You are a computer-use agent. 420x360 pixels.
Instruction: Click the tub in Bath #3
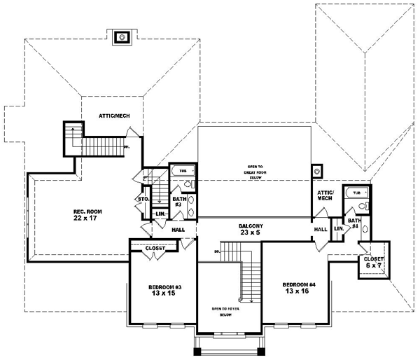coord(183,170)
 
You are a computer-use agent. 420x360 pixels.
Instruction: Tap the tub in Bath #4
coord(357,192)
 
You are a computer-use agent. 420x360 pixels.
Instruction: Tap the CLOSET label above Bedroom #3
coord(154,248)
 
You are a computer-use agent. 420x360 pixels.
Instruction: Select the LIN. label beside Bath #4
coord(339,228)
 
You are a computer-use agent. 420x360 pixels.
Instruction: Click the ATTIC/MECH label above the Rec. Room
coord(113,116)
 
